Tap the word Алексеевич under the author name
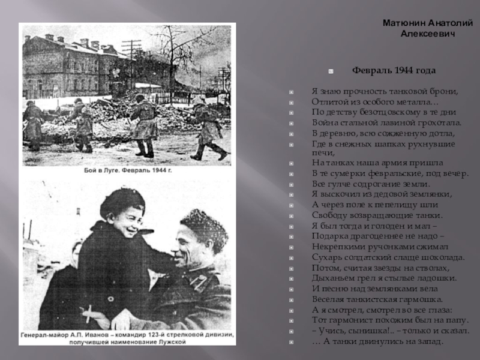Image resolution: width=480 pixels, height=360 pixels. tap(428, 34)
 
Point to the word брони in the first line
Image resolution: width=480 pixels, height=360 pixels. tap(444, 91)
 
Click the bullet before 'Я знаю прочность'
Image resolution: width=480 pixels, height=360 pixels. tap(291, 92)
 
